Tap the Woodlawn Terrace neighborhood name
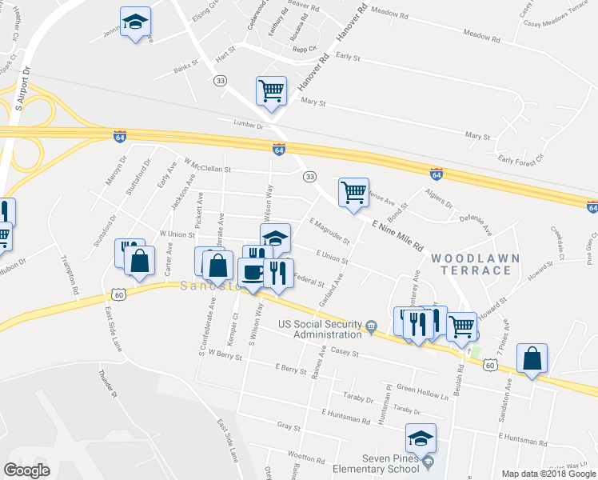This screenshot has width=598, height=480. [471, 264]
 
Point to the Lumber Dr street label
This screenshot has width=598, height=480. [248, 125]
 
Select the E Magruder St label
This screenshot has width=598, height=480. [328, 231]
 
